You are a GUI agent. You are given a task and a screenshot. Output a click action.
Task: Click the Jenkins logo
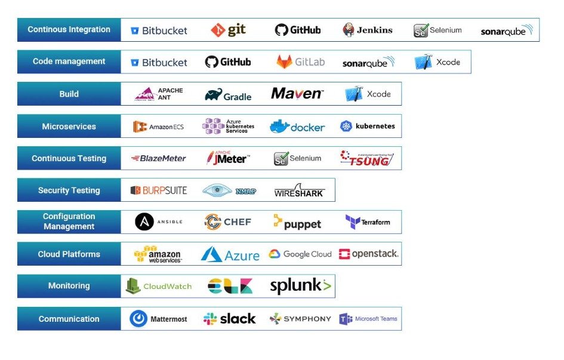[x=368, y=30]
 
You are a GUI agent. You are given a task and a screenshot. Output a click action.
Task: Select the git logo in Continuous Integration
[x=228, y=30]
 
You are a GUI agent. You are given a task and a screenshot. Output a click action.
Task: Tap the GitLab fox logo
[x=300, y=62]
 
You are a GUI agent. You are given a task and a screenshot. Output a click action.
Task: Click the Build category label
[x=69, y=94]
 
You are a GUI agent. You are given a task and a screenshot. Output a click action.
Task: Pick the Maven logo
[x=297, y=94]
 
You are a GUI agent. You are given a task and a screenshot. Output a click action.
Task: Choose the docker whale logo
[x=297, y=127]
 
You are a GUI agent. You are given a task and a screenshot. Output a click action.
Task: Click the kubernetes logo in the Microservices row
[x=368, y=126]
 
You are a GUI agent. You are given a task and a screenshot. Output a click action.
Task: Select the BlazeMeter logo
[x=158, y=158]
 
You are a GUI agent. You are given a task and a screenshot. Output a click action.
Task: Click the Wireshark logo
[x=298, y=190]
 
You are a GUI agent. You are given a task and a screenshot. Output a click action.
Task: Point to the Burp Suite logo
[x=158, y=190]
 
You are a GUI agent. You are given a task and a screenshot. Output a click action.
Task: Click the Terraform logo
[x=368, y=222]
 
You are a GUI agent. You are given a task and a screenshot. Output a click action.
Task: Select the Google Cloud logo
[x=300, y=254]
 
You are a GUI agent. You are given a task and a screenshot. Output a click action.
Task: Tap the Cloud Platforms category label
[x=69, y=254]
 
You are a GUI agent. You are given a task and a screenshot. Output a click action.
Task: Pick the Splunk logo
[x=300, y=286]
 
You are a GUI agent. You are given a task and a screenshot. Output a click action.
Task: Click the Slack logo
[x=229, y=319]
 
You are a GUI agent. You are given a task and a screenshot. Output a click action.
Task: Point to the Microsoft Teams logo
[x=368, y=319]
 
